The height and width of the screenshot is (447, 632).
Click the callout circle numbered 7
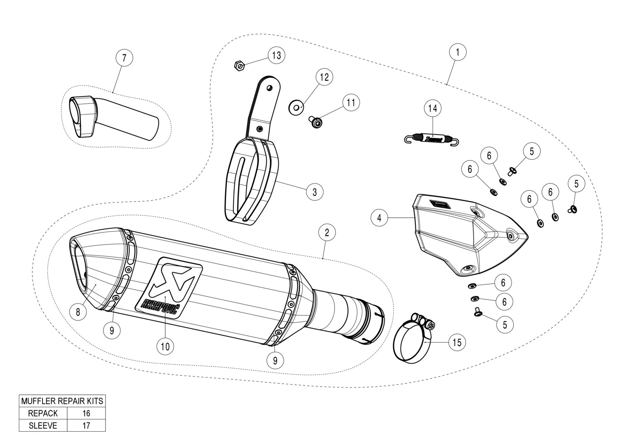[x=124, y=57]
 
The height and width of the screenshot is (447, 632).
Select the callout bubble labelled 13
[x=276, y=55]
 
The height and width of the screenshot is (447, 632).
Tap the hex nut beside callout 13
[x=239, y=66]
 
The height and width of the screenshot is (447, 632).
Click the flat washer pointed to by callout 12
[x=296, y=108]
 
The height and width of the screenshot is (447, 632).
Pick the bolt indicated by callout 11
[x=316, y=122]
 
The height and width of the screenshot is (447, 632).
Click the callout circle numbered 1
[x=458, y=52]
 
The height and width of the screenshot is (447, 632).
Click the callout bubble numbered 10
[x=165, y=346]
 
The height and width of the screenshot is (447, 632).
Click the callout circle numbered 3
[x=314, y=192]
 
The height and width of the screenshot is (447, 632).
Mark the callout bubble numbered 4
[x=379, y=218]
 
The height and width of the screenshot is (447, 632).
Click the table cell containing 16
[x=86, y=413]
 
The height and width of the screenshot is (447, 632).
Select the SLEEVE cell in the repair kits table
[x=43, y=425]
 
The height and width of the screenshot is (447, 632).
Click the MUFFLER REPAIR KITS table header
[x=62, y=401]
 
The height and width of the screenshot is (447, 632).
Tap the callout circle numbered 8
[x=78, y=312]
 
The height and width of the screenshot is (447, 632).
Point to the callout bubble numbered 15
[x=457, y=342]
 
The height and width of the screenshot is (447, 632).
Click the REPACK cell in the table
[x=43, y=413]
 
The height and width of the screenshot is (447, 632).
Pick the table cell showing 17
[x=86, y=425]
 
